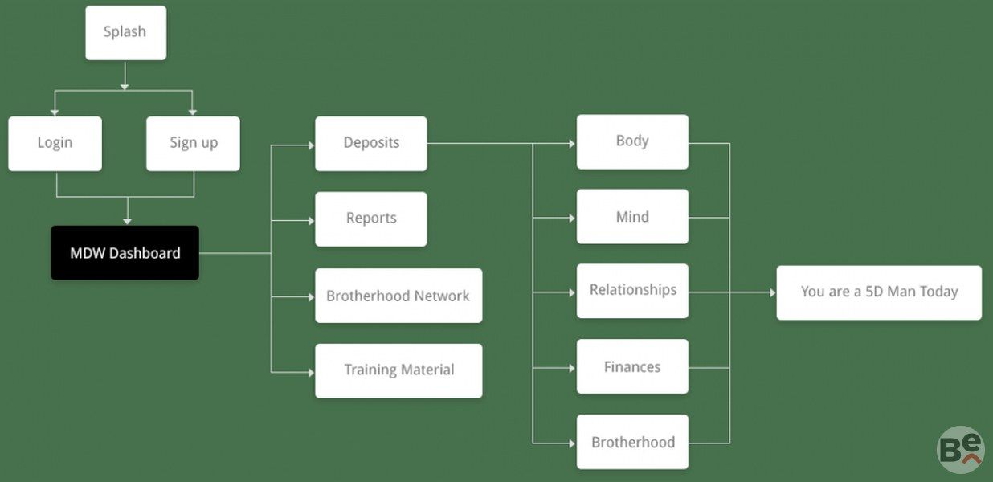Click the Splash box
click(125, 32)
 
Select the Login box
click(55, 143)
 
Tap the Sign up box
click(193, 143)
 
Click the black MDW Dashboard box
click(125, 253)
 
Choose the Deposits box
click(370, 143)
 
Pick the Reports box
click(370, 219)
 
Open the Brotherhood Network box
click(398, 296)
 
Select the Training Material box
click(398, 370)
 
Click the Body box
click(632, 141)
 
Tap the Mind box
click(632, 217)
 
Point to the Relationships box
click(632, 290)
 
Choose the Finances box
click(632, 367)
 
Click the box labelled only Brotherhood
click(632, 442)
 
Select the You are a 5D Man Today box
click(879, 292)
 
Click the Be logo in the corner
click(960, 449)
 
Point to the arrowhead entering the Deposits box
click(311, 145)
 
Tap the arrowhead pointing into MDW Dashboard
click(126, 221)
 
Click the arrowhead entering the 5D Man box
click(772, 292)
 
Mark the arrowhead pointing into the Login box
click(55, 112)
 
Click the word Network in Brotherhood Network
click(441, 296)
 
